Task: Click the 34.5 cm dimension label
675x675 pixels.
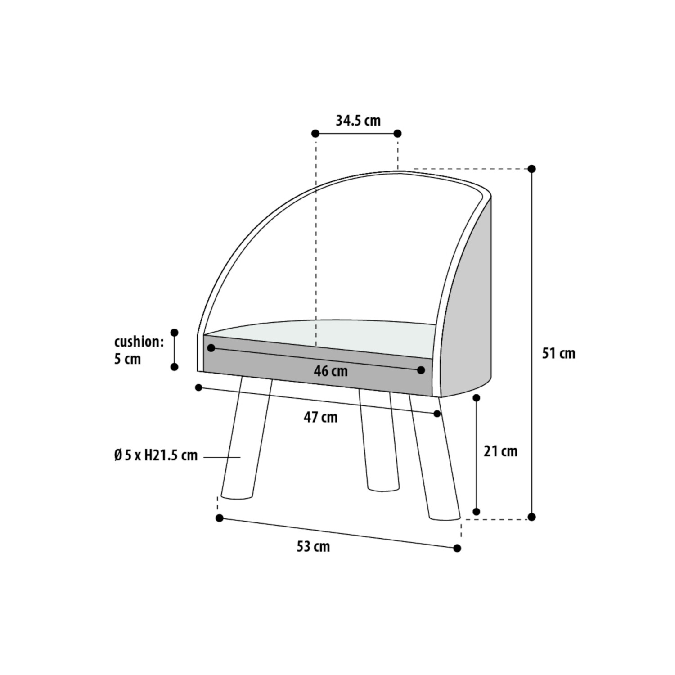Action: (358, 121)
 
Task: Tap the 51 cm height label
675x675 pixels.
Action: (558, 353)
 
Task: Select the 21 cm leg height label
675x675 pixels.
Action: (500, 451)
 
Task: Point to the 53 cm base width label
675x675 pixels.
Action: (313, 546)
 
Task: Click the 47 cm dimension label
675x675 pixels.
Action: (320, 417)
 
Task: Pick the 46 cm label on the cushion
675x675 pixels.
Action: (331, 371)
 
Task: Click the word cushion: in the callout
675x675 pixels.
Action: (139, 342)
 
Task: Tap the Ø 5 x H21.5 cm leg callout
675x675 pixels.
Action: (156, 455)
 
